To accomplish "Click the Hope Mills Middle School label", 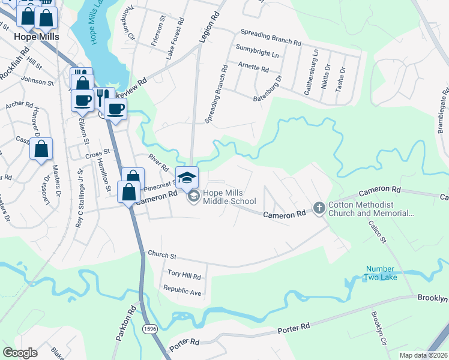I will pos(229,197).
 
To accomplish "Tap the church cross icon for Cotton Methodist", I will pos(319,208).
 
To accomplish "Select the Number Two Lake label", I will pos(379,273).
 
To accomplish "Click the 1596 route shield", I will pos(150,328).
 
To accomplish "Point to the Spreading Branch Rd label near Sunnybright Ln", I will pos(270,43).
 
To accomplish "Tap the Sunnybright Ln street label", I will pos(258,55).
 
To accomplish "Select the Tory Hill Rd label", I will pos(183,275).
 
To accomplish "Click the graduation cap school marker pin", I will pos(187,176).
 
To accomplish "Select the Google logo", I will pos(20,353).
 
